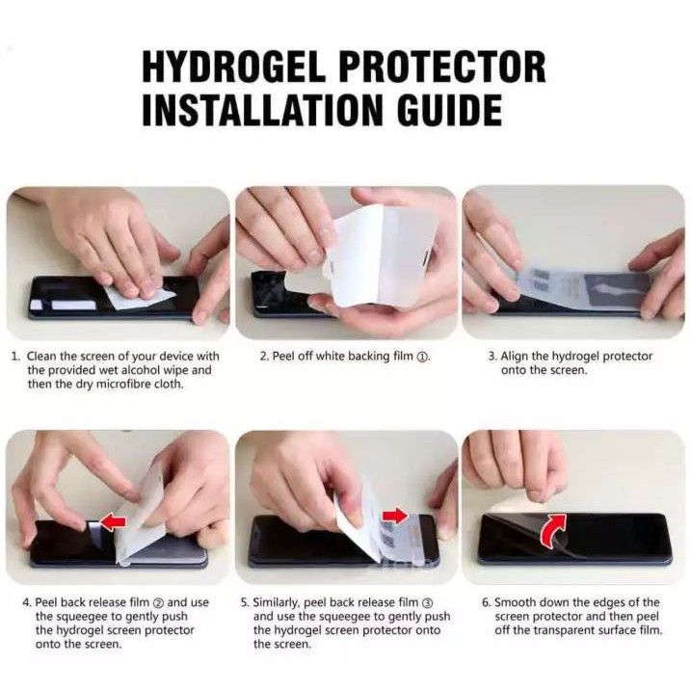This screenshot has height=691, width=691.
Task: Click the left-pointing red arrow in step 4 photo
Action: coord(114,521)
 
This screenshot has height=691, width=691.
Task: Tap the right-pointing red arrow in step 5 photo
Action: coord(395,516)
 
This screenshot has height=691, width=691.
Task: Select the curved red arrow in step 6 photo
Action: coord(552,530)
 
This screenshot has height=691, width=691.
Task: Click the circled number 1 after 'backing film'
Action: coord(422,357)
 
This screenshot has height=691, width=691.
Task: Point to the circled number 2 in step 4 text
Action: coord(158,603)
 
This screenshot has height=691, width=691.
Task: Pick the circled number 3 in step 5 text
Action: coord(427,603)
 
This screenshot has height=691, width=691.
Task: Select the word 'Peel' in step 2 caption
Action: coord(283,356)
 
